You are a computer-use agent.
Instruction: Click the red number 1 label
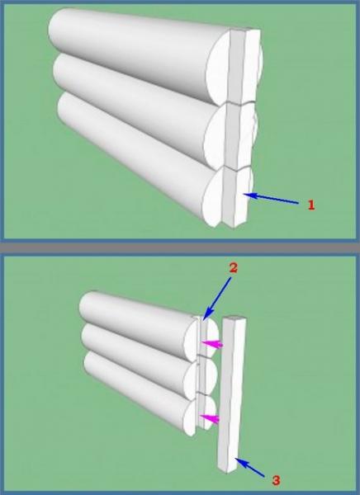coord(311,205)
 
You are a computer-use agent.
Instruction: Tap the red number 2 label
coord(234,267)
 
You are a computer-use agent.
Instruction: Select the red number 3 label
coord(276,480)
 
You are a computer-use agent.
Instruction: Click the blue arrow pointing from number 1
coord(271,199)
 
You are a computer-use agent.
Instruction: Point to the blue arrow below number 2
coord(217,298)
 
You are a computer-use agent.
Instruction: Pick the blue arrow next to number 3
coord(249,468)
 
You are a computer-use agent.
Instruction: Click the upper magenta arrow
coord(212,344)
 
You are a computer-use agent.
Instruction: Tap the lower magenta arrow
coord(209,418)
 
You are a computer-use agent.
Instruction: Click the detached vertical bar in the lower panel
coord(231,394)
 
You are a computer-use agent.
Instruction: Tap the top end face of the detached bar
coord(234,318)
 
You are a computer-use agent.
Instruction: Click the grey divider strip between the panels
coord(180,247)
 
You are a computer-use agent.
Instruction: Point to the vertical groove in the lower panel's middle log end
coord(200,377)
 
